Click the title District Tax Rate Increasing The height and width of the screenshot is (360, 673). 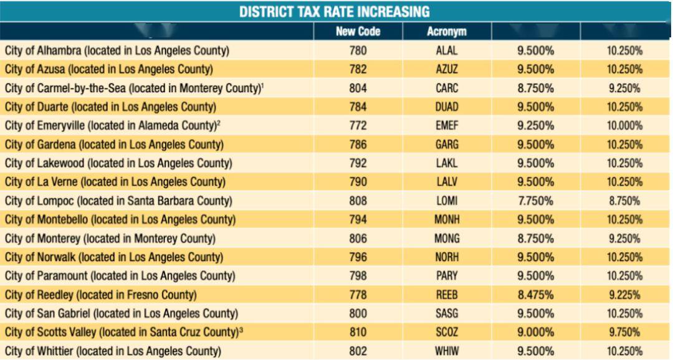pyautogui.click(x=335, y=12)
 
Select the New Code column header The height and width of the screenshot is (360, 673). pyautogui.click(x=358, y=31)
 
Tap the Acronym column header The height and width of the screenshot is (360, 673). pyautogui.click(x=447, y=31)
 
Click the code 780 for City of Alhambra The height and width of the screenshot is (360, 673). pyautogui.click(x=358, y=50)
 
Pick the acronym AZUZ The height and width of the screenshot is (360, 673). pyautogui.click(x=447, y=70)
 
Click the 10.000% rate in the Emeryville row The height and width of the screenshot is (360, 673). pyautogui.click(x=624, y=126)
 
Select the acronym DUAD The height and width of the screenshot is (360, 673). pyautogui.click(x=447, y=107)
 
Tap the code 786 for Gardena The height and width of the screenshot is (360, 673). pyautogui.click(x=358, y=144)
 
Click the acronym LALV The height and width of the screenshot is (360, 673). pyautogui.click(x=447, y=182)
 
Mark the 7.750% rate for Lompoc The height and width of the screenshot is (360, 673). pyautogui.click(x=536, y=201)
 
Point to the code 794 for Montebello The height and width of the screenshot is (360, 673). pyautogui.click(x=358, y=220)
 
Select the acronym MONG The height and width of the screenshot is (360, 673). pyautogui.click(x=447, y=239)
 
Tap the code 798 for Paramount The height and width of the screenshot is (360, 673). pyautogui.click(x=358, y=276)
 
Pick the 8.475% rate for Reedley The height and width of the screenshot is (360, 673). pyautogui.click(x=536, y=295)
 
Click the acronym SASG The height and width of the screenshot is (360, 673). pyautogui.click(x=447, y=314)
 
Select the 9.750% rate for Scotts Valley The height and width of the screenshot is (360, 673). pyautogui.click(x=624, y=333)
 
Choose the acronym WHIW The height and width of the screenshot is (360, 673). pyautogui.click(x=447, y=351)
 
